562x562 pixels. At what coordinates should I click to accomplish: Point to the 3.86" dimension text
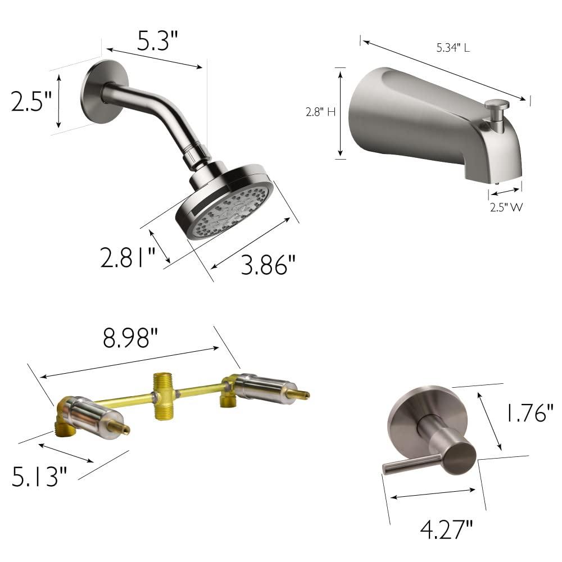pos(268,265)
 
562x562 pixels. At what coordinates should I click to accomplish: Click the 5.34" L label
pos(453,48)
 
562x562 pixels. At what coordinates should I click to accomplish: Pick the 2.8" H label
pos(320,112)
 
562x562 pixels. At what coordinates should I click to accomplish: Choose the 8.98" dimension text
pos(130,338)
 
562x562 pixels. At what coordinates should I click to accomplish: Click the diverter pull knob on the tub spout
pos(497,105)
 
